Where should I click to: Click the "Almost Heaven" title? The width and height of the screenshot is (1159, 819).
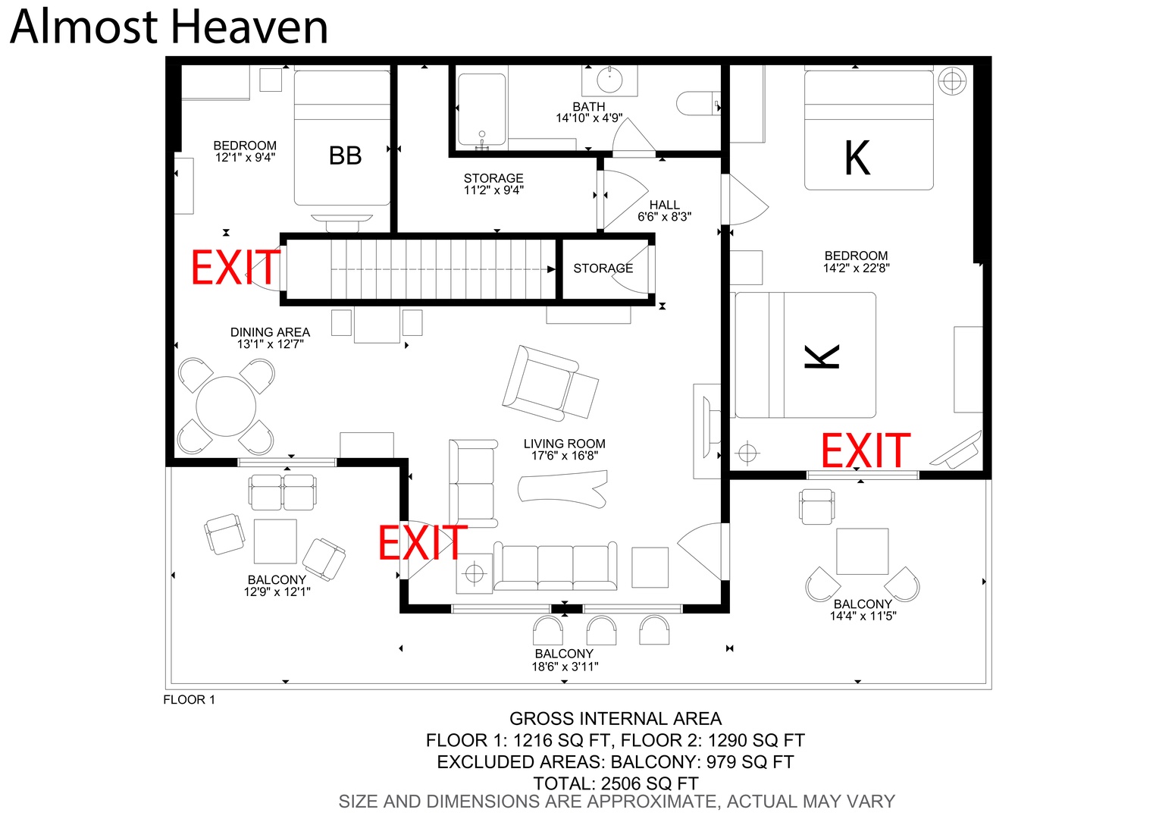[x=169, y=27]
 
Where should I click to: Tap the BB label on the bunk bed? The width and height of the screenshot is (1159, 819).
[x=345, y=155]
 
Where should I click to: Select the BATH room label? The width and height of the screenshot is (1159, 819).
[x=589, y=106]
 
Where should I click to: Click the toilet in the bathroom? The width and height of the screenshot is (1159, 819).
[x=698, y=104]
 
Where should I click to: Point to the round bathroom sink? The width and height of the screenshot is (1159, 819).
[x=609, y=80]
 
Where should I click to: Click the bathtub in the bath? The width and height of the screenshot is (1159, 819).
[x=481, y=109]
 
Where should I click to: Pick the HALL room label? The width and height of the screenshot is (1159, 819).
[x=664, y=205]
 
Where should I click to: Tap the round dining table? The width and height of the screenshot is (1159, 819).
[x=226, y=406]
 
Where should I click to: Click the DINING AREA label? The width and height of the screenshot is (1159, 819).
[x=270, y=332]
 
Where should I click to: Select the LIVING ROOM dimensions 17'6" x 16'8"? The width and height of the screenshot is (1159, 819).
[x=565, y=456]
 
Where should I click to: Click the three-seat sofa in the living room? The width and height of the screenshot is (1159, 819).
[x=555, y=566]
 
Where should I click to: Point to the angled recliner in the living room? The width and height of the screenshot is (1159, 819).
[x=550, y=384]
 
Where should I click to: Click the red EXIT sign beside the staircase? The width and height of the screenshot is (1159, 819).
[x=236, y=267]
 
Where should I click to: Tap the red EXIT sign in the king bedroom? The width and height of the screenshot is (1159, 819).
[x=866, y=450]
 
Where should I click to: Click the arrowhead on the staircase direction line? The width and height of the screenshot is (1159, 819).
[x=552, y=269]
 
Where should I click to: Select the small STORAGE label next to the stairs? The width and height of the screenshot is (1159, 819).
[x=603, y=268]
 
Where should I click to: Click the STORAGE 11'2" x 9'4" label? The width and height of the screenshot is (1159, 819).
[x=493, y=184]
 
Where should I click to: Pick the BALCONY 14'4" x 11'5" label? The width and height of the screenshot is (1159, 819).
[x=863, y=610]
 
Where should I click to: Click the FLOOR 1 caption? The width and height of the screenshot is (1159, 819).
[x=189, y=699]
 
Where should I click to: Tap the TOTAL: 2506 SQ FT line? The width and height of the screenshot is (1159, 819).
[x=616, y=783]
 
